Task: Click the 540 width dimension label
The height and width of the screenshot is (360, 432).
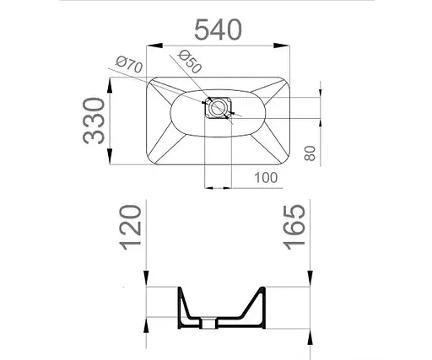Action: coord(218,29)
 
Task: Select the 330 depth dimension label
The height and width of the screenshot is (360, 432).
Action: coord(94,121)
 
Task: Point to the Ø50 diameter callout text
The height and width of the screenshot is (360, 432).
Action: coord(191,62)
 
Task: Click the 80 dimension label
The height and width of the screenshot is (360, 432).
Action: coord(310,153)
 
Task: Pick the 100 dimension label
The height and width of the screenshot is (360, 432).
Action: coord(266,178)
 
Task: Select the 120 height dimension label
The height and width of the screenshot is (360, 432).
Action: coord(130,228)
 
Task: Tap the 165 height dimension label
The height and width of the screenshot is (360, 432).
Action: coord(294,228)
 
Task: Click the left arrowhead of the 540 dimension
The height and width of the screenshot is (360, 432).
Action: coord(154,46)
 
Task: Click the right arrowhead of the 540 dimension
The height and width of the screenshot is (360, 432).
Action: coord(282,46)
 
